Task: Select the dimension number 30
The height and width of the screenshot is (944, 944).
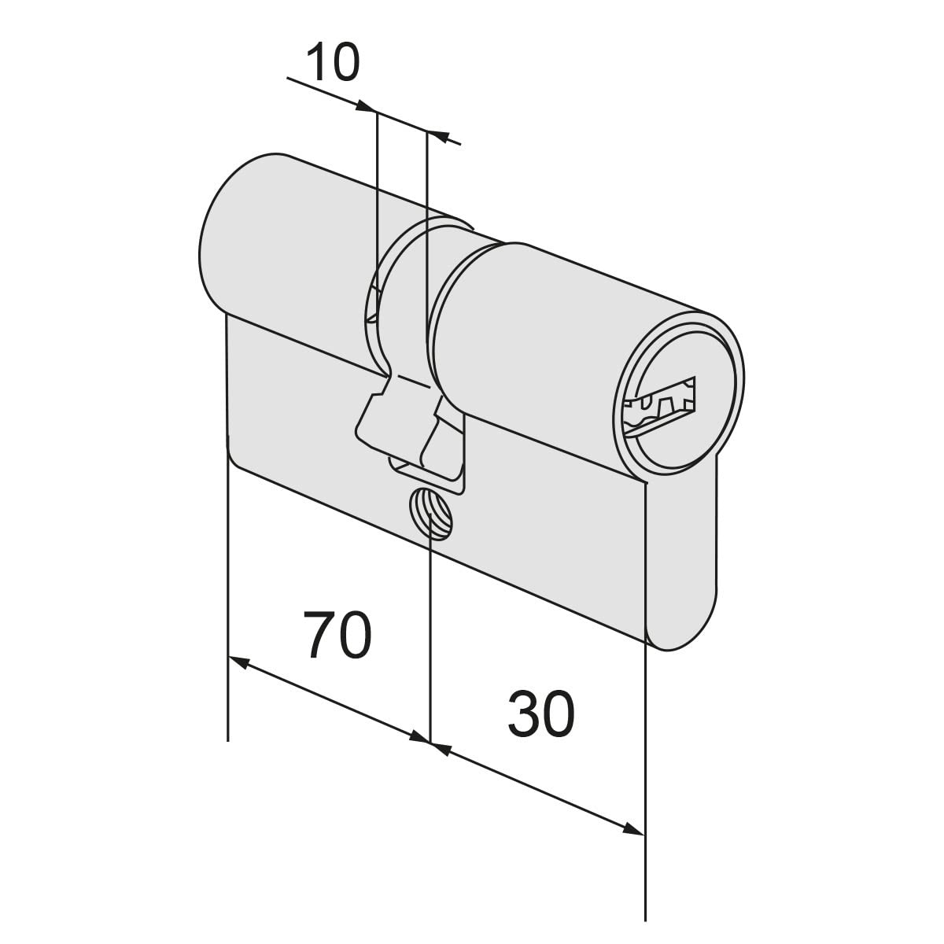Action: pyautogui.click(x=540, y=714)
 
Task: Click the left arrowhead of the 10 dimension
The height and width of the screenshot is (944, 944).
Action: pyautogui.click(x=366, y=106)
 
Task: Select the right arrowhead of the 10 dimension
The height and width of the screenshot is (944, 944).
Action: pyautogui.click(x=440, y=135)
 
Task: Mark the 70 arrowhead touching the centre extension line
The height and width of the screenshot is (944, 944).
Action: pyautogui.click(x=419, y=737)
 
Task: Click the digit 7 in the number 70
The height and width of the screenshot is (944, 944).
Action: pyautogui.click(x=319, y=634)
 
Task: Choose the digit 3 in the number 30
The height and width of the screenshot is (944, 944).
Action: pyautogui.click(x=522, y=714)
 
